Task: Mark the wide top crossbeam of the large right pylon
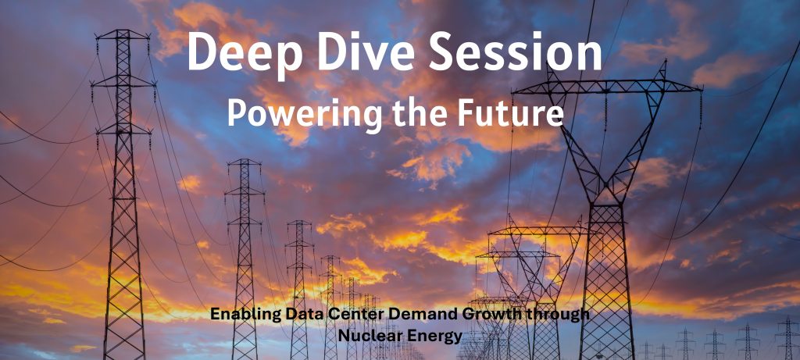click(x=607, y=87)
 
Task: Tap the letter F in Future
click(x=466, y=112)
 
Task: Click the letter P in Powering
click(x=236, y=112)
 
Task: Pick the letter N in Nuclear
click(x=345, y=336)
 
